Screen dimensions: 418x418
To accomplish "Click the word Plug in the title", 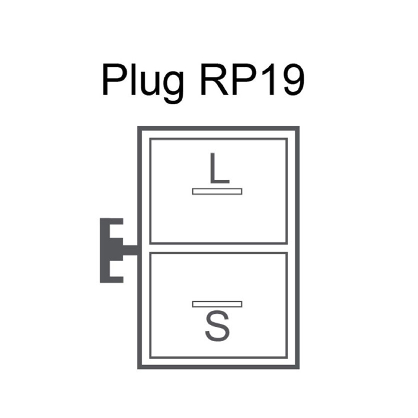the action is pos(143,83).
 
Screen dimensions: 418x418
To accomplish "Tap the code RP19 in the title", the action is pos(252,79).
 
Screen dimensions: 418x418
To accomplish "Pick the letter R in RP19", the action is pos(214,79).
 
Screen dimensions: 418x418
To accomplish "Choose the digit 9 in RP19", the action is pos(294,79).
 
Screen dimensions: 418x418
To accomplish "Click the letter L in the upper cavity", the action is pos(219,169).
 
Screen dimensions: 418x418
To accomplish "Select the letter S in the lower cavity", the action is pos(217,326).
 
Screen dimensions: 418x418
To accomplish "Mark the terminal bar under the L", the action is pos(217,191).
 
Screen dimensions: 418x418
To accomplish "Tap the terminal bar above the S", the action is pos(217,304).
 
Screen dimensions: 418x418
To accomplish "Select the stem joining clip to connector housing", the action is pos(130,250).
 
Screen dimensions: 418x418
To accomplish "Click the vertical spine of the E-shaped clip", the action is pos(105,250).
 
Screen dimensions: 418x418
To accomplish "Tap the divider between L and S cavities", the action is pos(219,248).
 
